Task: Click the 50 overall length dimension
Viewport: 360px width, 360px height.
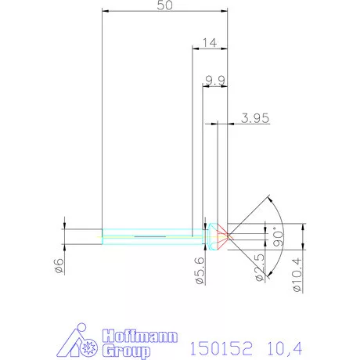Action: (165, 5)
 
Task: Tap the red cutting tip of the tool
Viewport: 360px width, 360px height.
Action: (223, 232)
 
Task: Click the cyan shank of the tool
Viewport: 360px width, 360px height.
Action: (149, 232)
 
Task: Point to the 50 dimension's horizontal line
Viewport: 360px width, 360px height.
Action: (165, 13)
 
